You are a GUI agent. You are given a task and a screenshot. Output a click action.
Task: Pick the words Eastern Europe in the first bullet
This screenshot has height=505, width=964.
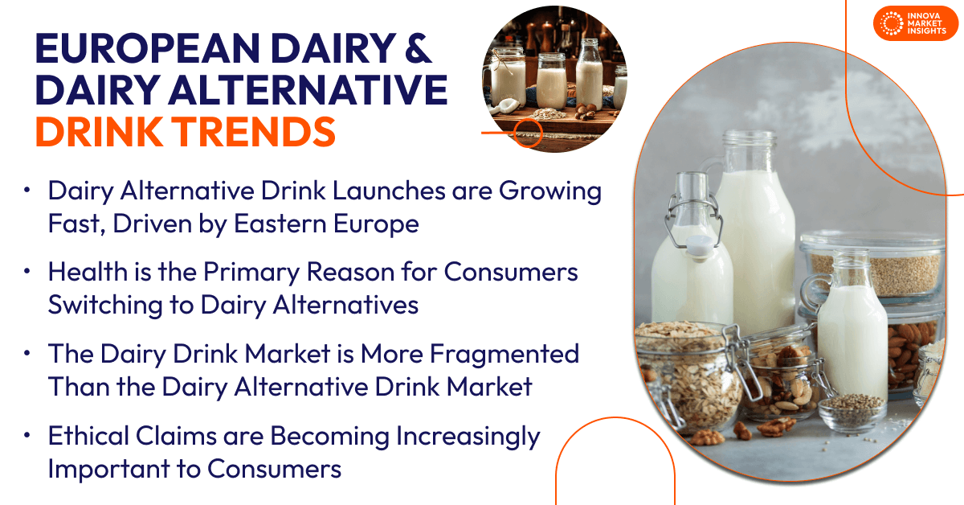(x=326, y=224)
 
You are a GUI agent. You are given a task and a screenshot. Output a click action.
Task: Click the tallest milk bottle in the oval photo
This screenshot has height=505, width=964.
(x=754, y=233)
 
